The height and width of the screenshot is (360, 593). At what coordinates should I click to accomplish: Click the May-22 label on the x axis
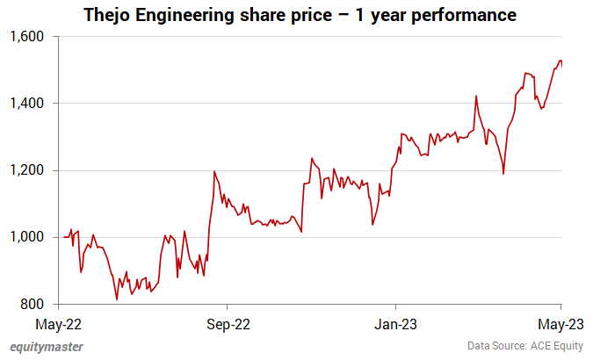(x=59, y=322)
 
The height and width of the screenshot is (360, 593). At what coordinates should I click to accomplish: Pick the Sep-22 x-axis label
(x=227, y=322)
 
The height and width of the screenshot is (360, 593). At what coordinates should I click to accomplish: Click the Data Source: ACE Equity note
(x=527, y=347)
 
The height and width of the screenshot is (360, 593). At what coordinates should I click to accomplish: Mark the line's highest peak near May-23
(x=560, y=61)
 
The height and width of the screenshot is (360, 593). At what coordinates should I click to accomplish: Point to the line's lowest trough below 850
(x=117, y=299)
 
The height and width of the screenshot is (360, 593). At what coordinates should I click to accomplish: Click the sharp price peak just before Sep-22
(x=214, y=171)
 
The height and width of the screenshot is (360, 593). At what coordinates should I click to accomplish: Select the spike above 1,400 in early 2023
(x=475, y=96)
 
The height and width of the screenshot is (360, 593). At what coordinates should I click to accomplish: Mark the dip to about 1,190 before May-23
(x=503, y=174)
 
